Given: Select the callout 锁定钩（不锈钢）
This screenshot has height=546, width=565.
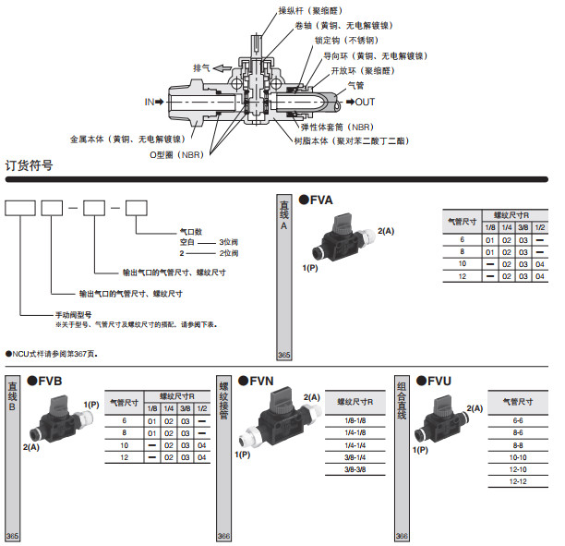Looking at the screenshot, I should point(343,41).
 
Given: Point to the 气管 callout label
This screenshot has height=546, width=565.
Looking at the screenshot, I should point(355,85).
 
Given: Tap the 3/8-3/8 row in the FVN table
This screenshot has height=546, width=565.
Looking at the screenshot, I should point(355,469).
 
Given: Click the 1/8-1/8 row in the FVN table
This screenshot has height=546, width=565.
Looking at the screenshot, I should point(355,419).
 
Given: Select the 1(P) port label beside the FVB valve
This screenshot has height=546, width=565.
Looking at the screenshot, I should point(91,405).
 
